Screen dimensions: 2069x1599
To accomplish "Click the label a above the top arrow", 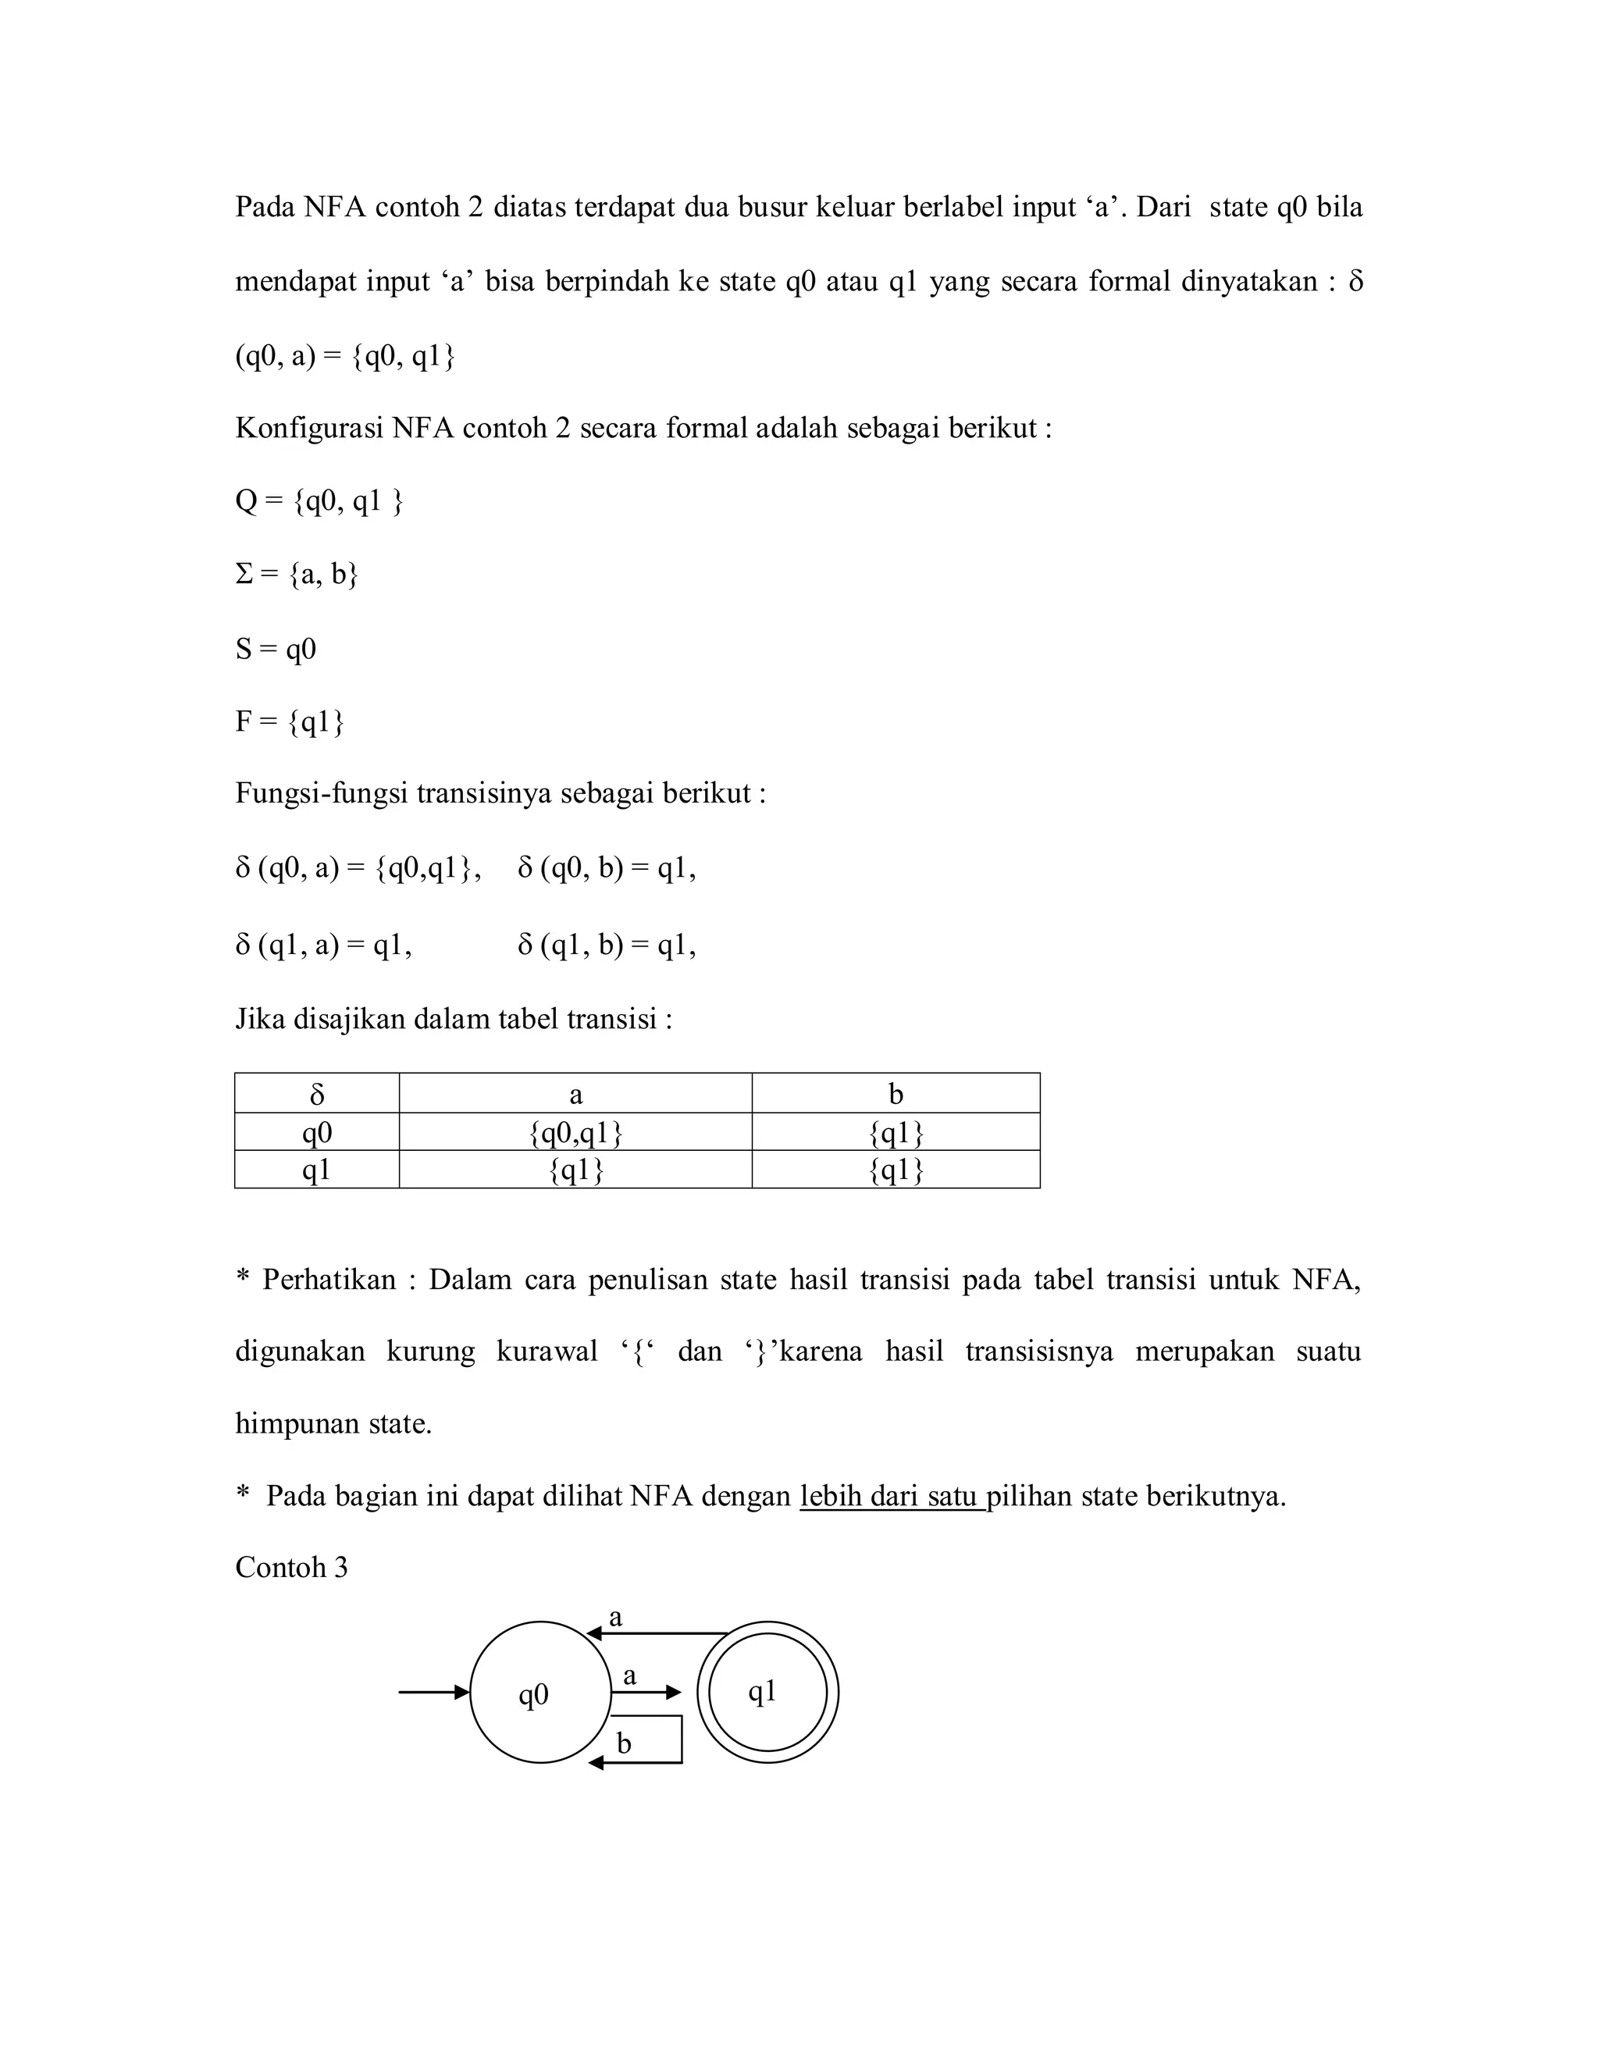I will tap(616, 1617).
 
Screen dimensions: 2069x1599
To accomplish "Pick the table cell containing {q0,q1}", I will tap(575, 1132).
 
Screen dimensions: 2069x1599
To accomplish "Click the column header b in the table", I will tap(896, 1094).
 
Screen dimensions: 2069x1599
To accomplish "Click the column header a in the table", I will tap(575, 1094).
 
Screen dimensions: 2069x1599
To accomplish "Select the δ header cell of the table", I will tap(316, 1094).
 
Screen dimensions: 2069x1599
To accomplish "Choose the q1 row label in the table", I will tap(316, 1170).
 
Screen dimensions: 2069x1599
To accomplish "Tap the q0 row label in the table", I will tap(316, 1132).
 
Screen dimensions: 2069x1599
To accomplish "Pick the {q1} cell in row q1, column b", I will tap(896, 1170).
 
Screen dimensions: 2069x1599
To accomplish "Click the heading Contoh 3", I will tap(290, 1568).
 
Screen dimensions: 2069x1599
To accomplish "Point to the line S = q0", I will tap(275, 650).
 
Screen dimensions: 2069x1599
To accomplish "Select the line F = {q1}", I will tap(289, 723).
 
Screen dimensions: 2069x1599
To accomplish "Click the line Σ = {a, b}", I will tap(296, 575).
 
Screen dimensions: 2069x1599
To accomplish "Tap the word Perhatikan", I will tap(329, 1280).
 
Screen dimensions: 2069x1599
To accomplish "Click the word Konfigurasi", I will tap(309, 428).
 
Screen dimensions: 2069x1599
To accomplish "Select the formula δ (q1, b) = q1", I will tap(606, 945).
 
